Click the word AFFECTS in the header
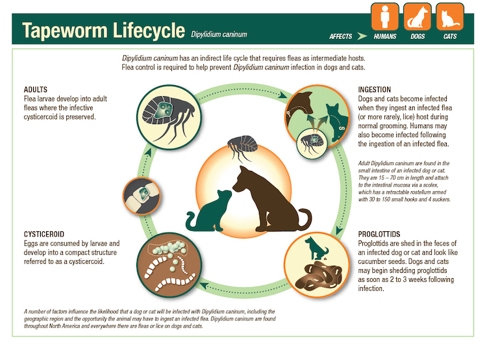pyautogui.click(x=342, y=36)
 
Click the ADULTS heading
pyautogui.click(x=38, y=89)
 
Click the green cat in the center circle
pyautogui.click(x=210, y=212)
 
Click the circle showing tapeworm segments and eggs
pyautogui.click(x=168, y=264)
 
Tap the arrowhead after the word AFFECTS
pyautogui.click(x=364, y=36)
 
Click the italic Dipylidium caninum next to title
pyautogui.click(x=219, y=33)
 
